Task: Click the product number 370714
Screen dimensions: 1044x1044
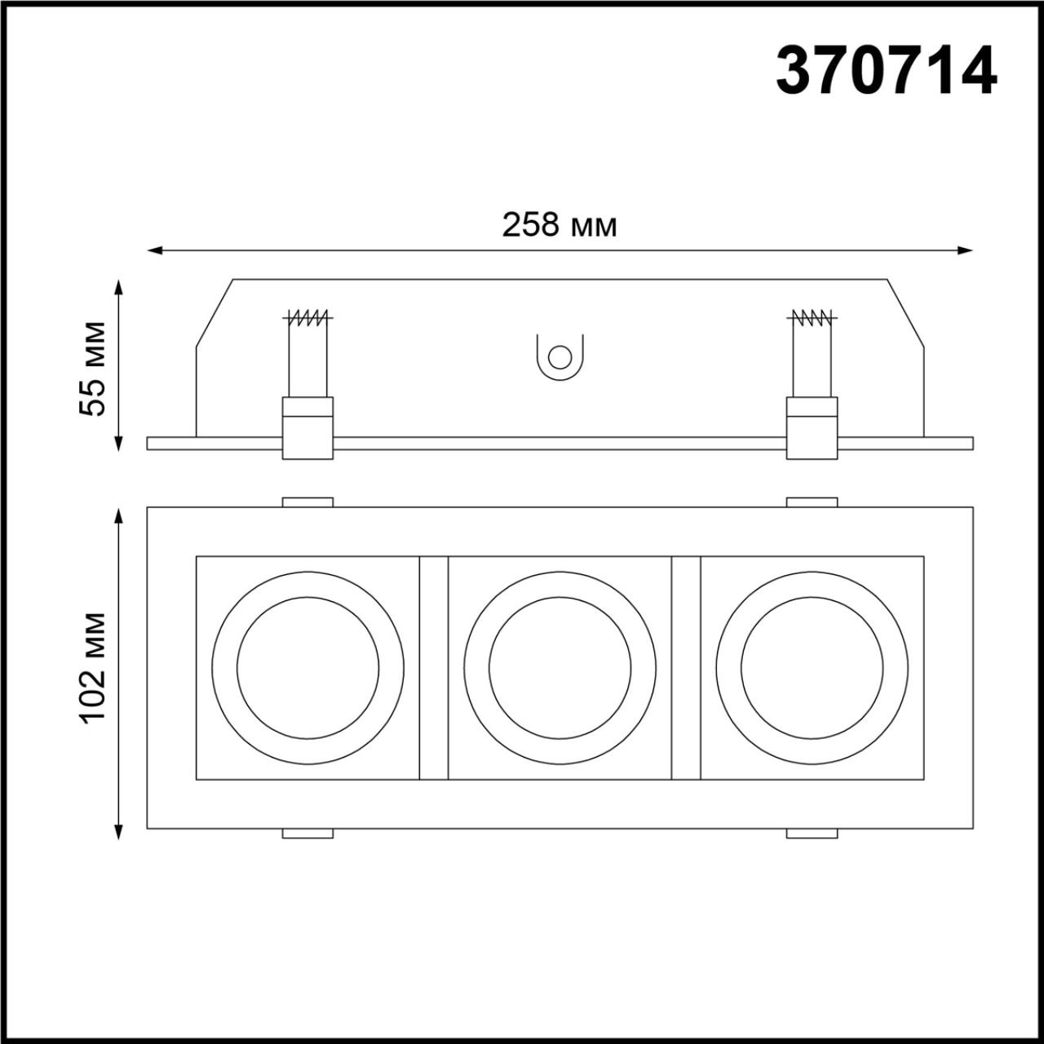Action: click(886, 72)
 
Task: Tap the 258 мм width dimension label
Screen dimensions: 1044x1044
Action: click(559, 224)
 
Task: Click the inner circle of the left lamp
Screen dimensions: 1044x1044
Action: click(307, 668)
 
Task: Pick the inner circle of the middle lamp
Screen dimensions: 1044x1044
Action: click(560, 668)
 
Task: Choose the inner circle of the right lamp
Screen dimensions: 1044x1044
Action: click(812, 668)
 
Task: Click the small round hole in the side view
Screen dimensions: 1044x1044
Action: click(560, 357)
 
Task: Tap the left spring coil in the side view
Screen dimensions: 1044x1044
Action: click(307, 317)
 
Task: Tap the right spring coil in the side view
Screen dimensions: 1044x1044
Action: click(812, 317)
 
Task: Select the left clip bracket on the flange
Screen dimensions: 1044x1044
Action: click(307, 428)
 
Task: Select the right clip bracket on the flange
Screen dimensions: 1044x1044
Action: click(812, 428)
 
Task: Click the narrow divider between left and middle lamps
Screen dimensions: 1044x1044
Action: click(433, 668)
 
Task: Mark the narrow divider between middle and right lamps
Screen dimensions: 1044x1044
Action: click(686, 668)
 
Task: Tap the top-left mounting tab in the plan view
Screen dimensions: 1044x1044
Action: click(307, 502)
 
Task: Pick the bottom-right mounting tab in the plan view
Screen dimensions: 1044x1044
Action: click(812, 834)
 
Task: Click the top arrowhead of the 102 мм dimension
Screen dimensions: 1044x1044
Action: click(119, 515)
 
